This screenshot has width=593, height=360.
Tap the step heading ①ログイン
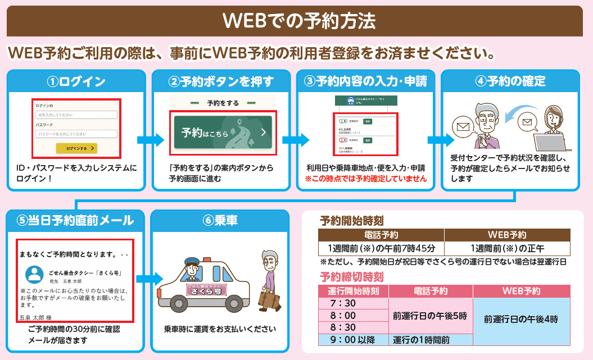coord(76,81)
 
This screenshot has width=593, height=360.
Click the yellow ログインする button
coord(76,148)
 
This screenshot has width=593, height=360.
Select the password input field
coord(76,134)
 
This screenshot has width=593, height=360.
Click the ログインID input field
coord(76,115)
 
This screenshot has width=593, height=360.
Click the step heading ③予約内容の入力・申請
coord(365,81)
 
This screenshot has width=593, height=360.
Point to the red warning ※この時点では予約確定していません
coord(366,179)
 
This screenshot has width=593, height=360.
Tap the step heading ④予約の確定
coord(510,81)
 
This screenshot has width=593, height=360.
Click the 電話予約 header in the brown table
coord(381,235)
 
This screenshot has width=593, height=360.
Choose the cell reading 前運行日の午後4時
coord(521,318)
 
